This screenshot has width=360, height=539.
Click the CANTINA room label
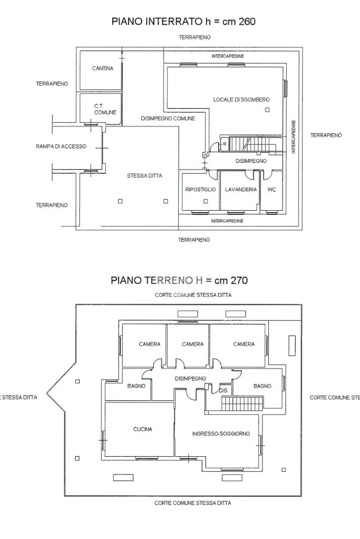click(x=102, y=68)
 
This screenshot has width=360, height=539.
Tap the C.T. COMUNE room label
click(x=105, y=109)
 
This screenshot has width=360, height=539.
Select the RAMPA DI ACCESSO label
click(x=61, y=146)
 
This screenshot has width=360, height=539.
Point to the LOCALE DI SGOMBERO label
click(x=241, y=100)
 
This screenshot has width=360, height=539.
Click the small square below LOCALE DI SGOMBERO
click(x=267, y=110)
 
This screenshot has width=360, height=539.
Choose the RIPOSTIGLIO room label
click(x=200, y=189)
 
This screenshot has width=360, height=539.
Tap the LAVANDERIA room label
click(x=241, y=189)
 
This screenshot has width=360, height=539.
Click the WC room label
click(x=271, y=189)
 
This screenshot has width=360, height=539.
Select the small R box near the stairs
click(x=225, y=144)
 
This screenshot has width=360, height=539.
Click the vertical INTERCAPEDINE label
click(x=294, y=137)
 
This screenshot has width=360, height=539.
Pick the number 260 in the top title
click(x=247, y=22)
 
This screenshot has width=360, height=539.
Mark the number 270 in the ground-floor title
click(x=239, y=280)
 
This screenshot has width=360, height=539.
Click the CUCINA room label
click(x=142, y=429)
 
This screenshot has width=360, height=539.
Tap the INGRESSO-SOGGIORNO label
click(x=221, y=434)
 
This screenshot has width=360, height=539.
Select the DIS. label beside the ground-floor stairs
click(x=223, y=390)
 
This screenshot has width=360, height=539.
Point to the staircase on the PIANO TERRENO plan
click(x=242, y=403)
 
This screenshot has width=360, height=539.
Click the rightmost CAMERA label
click(x=244, y=344)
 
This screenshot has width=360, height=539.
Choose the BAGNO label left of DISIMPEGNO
click(x=136, y=386)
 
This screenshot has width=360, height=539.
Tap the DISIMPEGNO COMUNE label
click(x=168, y=119)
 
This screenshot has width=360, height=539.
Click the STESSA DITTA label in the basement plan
click(x=144, y=175)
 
